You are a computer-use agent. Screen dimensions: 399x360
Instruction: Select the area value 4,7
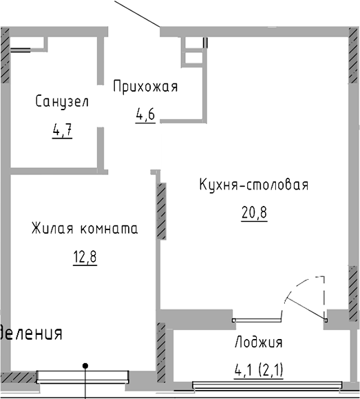[x=63, y=128]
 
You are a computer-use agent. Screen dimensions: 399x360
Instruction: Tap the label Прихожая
[x=145, y=87]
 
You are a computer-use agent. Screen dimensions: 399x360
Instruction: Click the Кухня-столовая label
[x=253, y=185]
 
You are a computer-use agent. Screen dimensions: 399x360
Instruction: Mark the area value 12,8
[x=84, y=258]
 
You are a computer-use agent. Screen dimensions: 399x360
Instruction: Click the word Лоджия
[x=258, y=342]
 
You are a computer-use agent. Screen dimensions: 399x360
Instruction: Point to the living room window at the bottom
[x=83, y=376]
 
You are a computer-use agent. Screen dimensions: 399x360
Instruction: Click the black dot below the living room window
[x=85, y=365]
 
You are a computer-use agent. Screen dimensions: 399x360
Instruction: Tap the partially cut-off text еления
[x=32, y=334]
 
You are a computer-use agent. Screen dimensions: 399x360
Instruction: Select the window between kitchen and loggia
[x=257, y=319]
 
